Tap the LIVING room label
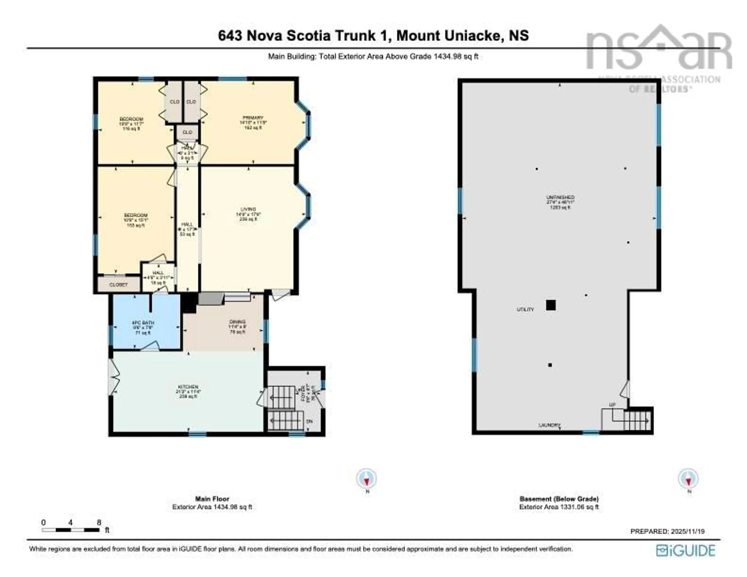[248, 209]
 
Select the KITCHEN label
[188, 387]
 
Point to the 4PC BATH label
[143, 322]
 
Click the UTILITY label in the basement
[525, 310]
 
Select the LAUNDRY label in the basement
[549, 425]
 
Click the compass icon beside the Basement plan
[688, 479]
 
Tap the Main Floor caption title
[212, 499]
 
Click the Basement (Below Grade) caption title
[559, 499]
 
